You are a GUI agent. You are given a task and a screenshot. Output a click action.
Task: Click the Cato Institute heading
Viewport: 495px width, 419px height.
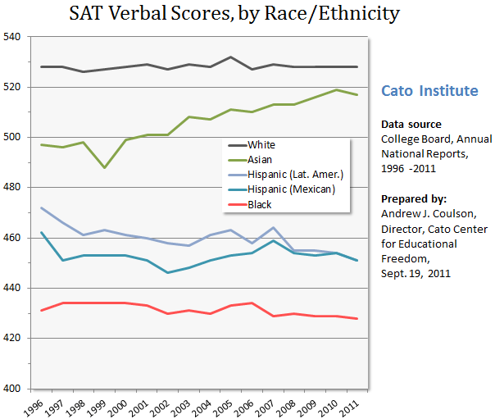point(430,90)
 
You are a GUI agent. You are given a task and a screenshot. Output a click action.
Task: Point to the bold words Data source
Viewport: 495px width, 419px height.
point(411,124)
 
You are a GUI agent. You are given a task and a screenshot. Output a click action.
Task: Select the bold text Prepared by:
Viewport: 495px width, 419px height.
point(415,199)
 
